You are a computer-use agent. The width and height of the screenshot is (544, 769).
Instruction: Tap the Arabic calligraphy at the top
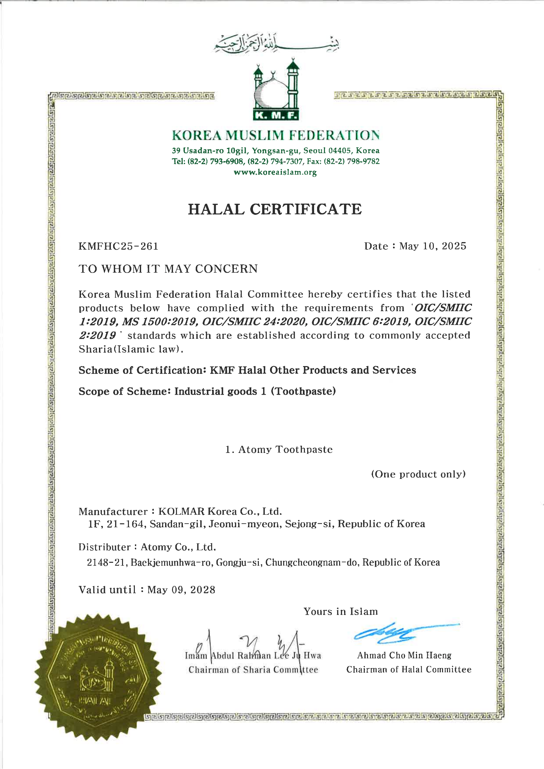(276, 44)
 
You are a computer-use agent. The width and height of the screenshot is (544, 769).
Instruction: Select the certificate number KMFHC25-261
(118, 246)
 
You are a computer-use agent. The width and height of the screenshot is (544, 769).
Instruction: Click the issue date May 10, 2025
(433, 246)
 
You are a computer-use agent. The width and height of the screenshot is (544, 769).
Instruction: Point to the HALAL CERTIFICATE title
(275, 209)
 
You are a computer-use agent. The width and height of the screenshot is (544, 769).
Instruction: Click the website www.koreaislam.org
(275, 172)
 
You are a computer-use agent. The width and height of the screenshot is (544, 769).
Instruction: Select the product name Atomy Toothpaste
(285, 450)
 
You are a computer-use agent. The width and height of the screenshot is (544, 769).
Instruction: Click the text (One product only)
(418, 474)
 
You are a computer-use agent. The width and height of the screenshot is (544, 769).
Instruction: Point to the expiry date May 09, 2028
(181, 589)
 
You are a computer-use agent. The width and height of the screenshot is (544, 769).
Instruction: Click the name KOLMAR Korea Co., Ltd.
(220, 511)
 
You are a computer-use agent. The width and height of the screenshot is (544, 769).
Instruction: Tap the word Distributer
(104, 547)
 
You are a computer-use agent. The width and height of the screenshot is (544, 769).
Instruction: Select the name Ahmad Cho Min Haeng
(404, 655)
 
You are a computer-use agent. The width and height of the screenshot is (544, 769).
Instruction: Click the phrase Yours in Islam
(340, 611)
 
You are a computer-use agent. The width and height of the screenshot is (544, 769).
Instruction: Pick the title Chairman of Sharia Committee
(253, 670)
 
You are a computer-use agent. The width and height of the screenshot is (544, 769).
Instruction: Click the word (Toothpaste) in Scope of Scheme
(303, 391)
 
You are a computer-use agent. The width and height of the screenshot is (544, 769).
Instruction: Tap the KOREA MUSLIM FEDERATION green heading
(276, 135)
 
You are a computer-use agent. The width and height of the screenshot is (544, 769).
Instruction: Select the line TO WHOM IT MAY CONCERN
(168, 269)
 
